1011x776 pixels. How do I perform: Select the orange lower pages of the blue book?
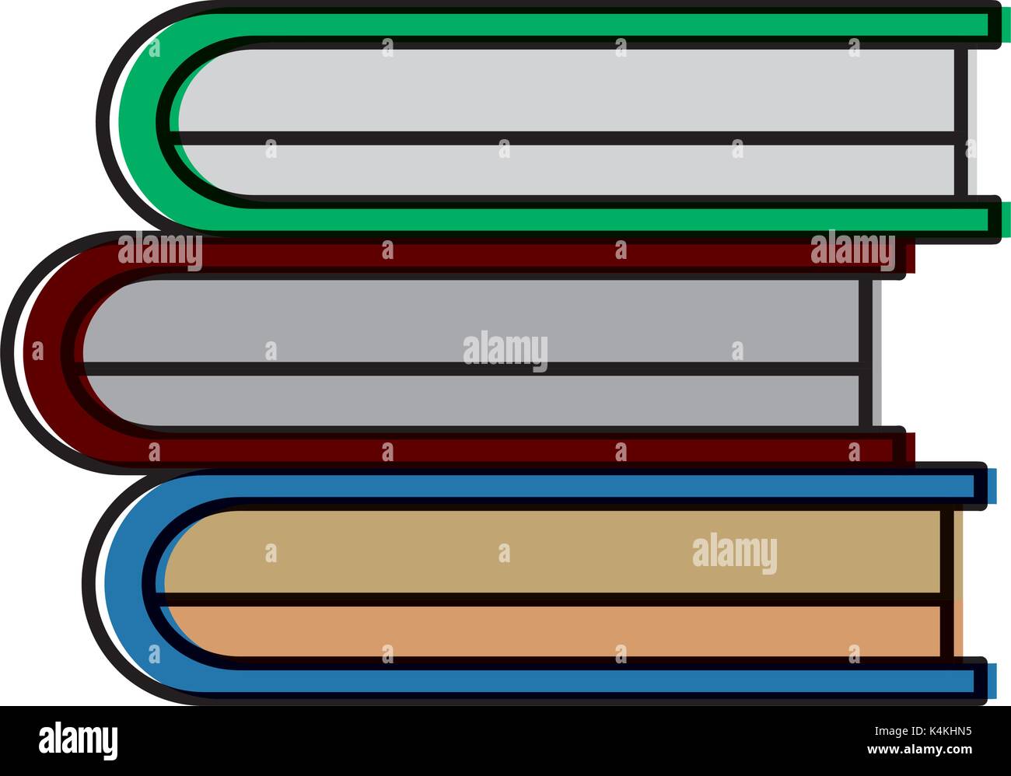point(554,631)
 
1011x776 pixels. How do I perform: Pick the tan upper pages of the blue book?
point(554,552)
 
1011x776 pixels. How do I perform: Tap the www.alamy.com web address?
point(919,750)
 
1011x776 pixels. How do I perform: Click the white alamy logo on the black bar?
point(79,740)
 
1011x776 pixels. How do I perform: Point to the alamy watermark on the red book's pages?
point(505,350)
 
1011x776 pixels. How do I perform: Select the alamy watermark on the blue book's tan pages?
point(735,553)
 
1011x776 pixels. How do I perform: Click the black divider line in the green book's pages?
point(563,138)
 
